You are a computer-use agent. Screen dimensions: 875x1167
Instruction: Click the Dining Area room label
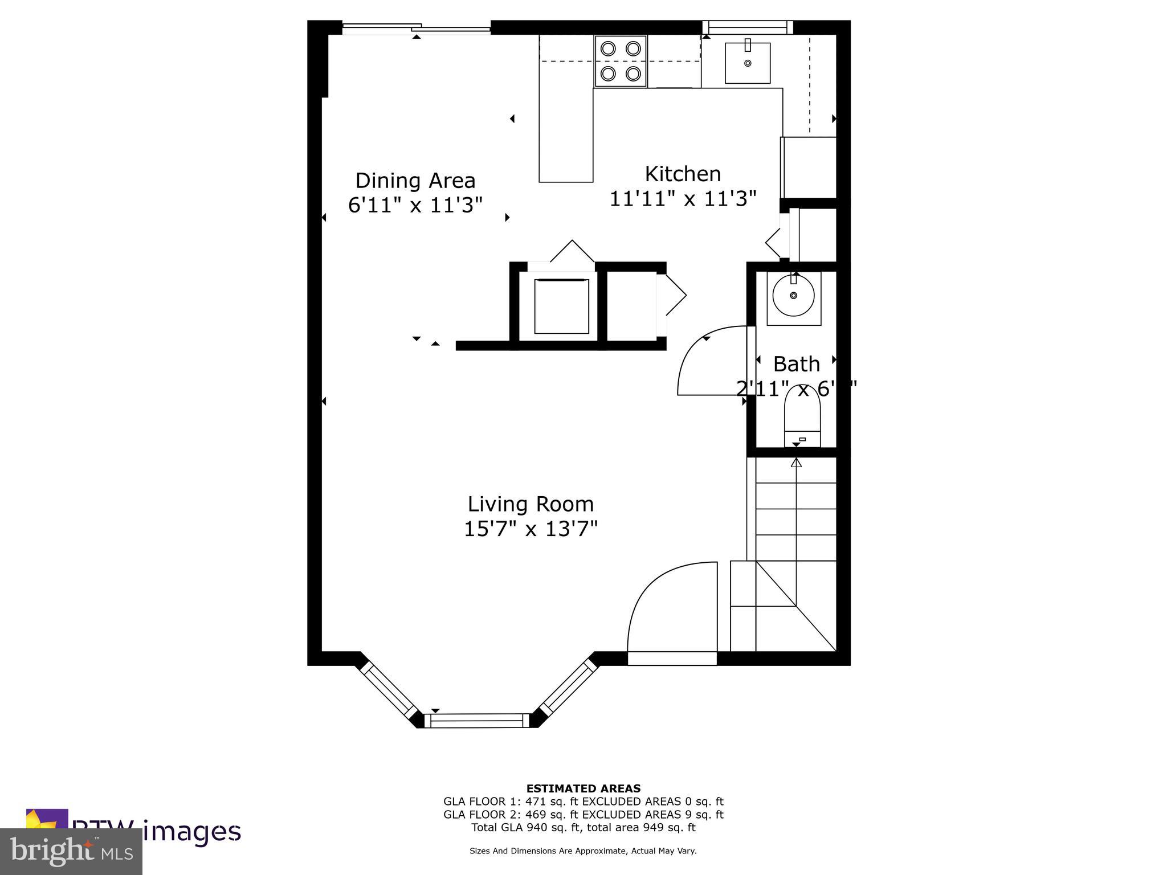point(415,181)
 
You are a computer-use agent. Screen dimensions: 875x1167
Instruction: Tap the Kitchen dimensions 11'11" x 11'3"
point(683,199)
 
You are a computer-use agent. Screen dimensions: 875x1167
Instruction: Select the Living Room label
point(531,504)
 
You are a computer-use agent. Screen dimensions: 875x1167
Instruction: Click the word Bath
point(796,364)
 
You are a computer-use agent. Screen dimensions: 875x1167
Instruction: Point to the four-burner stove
point(621,61)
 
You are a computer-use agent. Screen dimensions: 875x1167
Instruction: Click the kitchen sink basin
point(747,63)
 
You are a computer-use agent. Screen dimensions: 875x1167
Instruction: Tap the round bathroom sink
point(793,296)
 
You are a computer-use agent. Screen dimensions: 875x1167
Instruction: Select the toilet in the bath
point(802,416)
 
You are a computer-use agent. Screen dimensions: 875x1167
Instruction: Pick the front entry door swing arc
point(667,604)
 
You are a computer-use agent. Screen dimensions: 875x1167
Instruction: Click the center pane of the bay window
point(477,721)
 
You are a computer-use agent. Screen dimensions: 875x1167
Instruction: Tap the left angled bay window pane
point(389,690)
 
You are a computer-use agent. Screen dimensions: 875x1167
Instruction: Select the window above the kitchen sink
point(747,27)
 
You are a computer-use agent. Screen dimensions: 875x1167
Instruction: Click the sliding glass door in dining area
point(416,27)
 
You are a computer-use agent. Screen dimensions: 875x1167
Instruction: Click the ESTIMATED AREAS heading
point(583,788)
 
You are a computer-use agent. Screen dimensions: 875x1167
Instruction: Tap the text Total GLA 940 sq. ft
point(527,827)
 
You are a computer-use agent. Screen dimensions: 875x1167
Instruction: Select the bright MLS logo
point(71,851)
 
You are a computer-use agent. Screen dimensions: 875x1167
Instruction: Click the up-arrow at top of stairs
point(796,463)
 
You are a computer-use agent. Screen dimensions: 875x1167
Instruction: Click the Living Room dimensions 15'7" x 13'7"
point(531,529)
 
